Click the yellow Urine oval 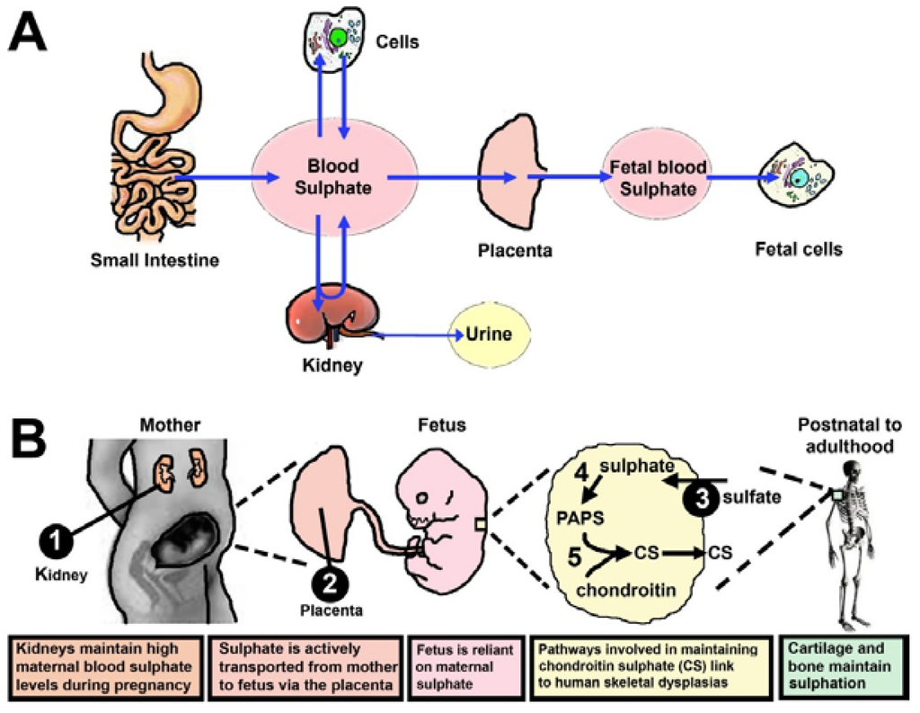pos(489,335)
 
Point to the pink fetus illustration pos(440,521)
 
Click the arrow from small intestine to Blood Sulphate pos(216,178)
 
